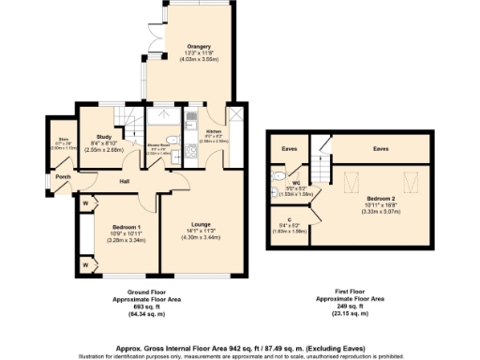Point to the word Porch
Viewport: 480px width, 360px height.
click(x=63, y=176)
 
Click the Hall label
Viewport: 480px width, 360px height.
click(x=124, y=181)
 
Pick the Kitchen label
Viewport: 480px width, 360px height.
click(x=213, y=130)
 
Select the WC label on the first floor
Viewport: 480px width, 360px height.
click(x=293, y=182)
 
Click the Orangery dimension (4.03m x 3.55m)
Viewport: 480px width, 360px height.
click(x=197, y=58)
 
